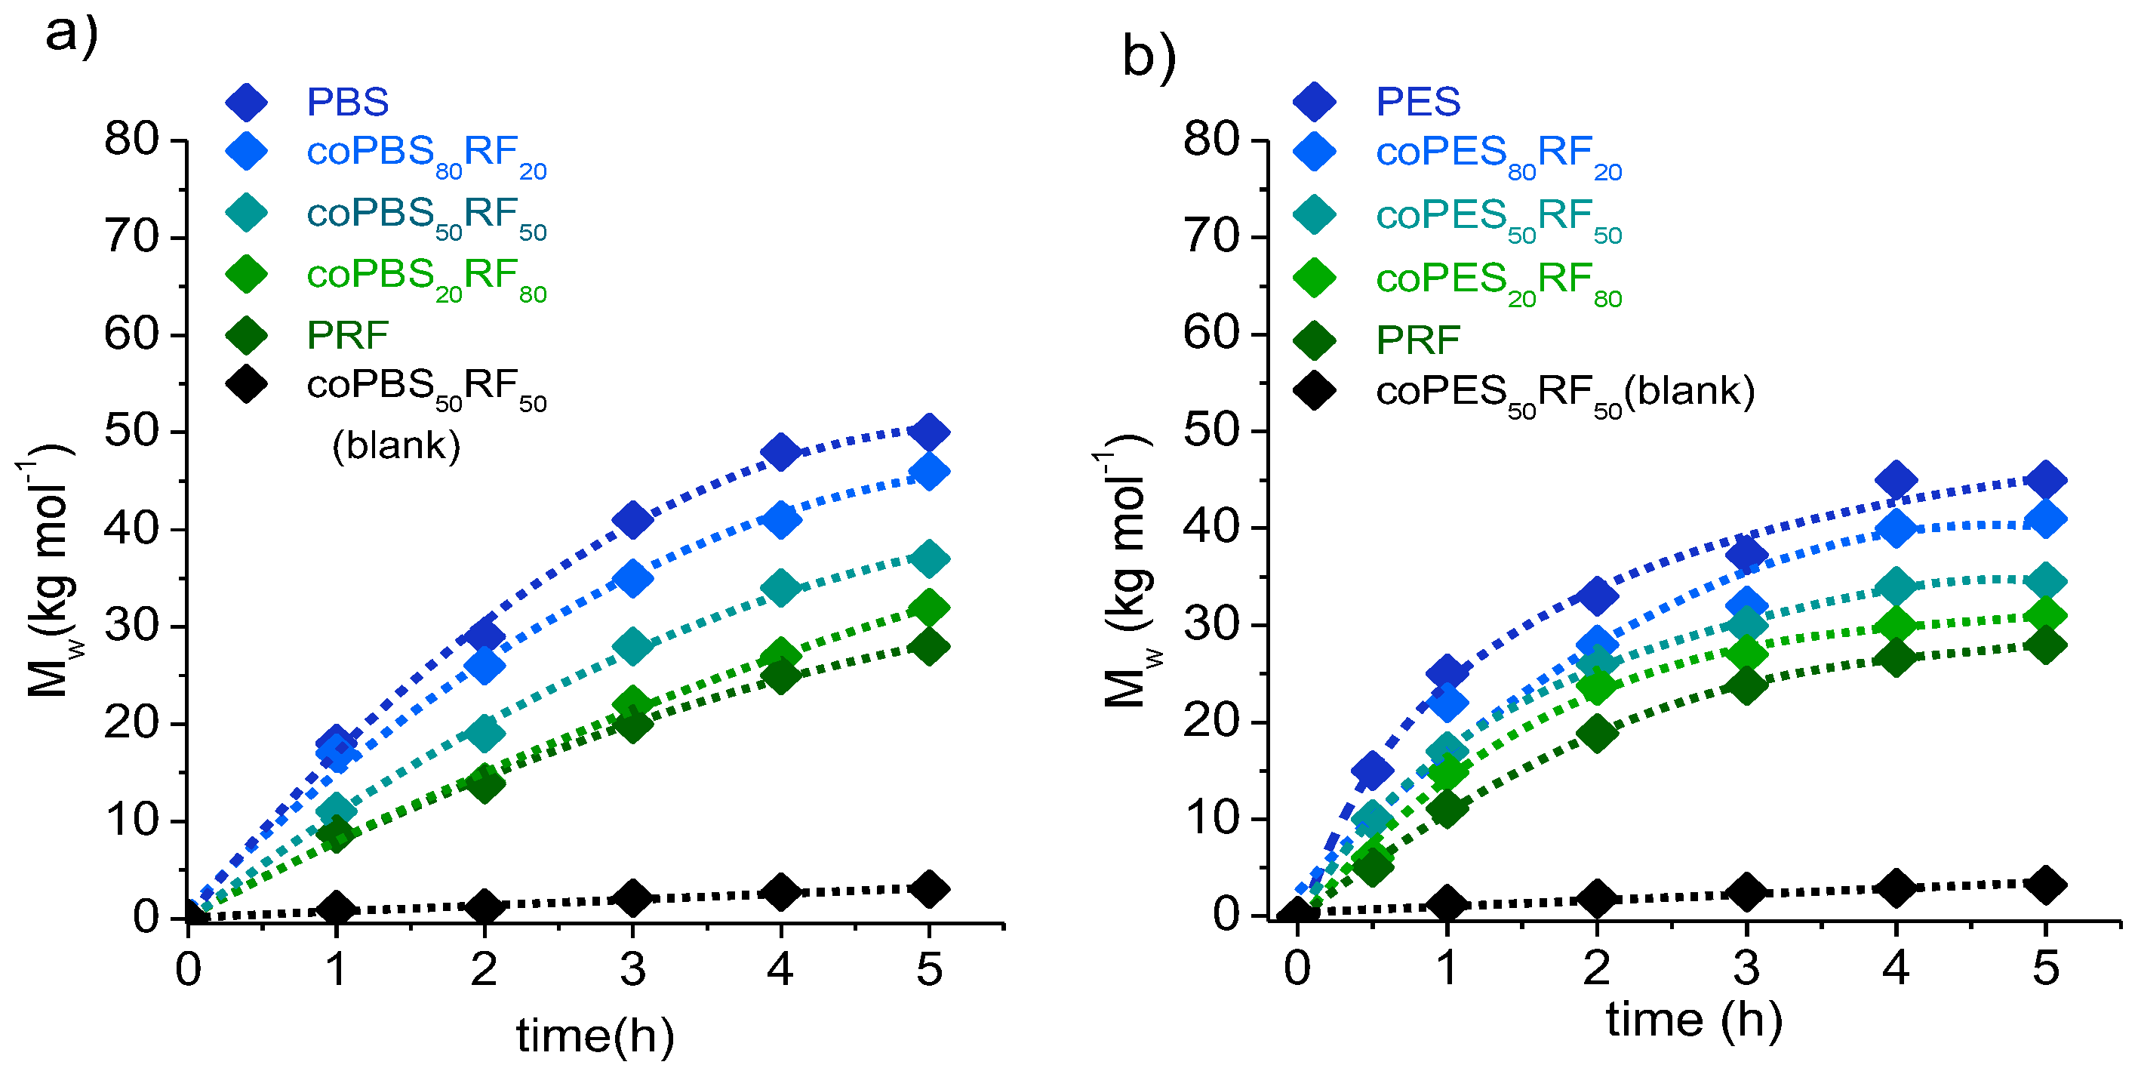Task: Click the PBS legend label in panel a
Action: pos(347,102)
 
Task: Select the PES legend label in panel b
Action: pos(1417,102)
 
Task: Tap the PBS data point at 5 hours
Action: pos(929,432)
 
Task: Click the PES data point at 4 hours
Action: pos(1895,479)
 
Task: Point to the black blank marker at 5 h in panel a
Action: pos(929,889)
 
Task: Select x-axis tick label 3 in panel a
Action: pos(632,968)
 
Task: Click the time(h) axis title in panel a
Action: pos(594,1036)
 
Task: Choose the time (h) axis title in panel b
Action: pos(1693,1019)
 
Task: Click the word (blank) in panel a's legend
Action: pos(396,445)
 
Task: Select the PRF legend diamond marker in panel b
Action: pos(1314,340)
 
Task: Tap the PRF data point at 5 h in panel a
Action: pos(929,646)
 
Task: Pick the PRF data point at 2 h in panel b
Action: pos(1596,733)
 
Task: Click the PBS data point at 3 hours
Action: pos(632,519)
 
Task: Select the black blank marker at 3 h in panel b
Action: pos(1746,892)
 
